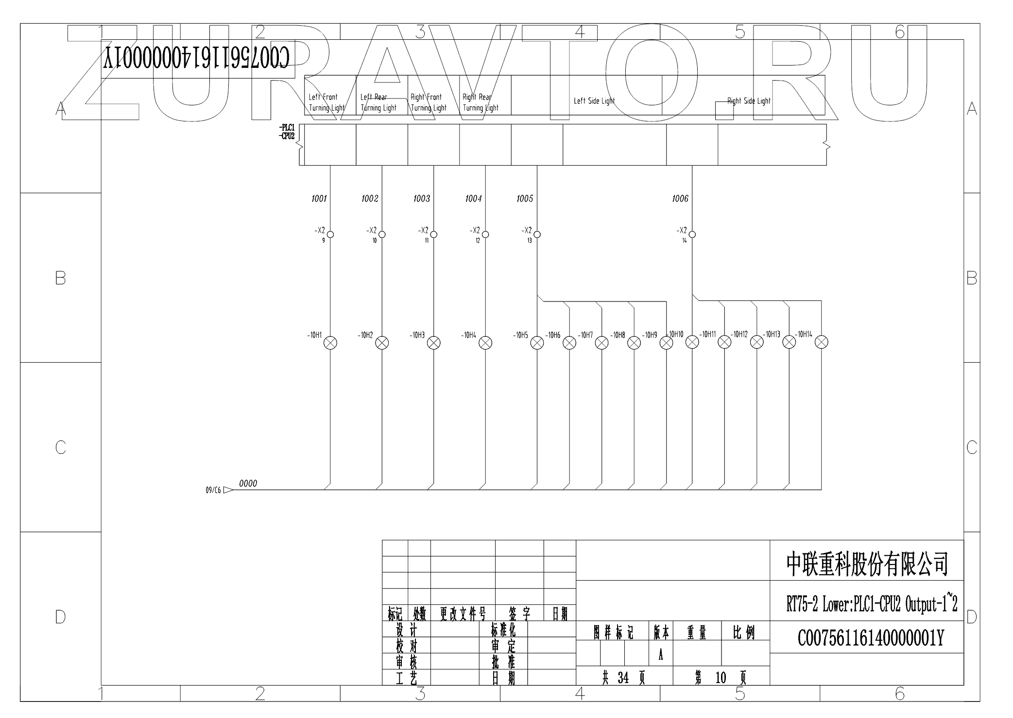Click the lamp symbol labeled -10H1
point(330,343)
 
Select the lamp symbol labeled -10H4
point(485,343)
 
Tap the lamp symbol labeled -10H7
point(601,343)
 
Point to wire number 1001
point(319,199)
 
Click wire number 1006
point(680,199)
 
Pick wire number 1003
point(422,199)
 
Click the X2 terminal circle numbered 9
point(330,234)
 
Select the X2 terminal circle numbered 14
point(692,234)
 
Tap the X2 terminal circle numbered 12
point(485,234)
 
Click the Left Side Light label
point(594,101)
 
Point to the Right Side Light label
point(749,101)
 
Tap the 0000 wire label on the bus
point(248,484)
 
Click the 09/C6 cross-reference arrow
point(227,490)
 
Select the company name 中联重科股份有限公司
point(867,564)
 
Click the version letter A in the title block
point(661,655)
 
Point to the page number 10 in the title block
point(721,678)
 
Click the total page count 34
point(623,678)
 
